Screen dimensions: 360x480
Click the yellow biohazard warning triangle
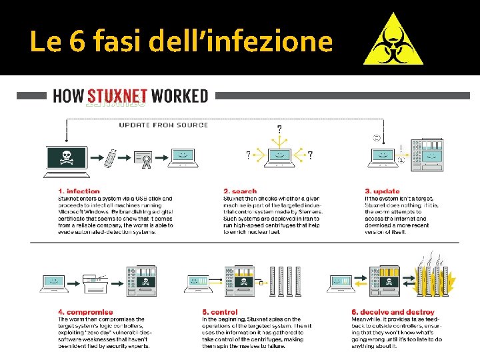[393, 41]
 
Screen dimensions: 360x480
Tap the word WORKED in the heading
[179, 96]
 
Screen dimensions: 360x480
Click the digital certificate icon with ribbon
[143, 159]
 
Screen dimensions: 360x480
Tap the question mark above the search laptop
[279, 129]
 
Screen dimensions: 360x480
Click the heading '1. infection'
[79, 191]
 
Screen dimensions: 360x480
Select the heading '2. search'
[240, 191]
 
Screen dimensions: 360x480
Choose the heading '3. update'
[382, 191]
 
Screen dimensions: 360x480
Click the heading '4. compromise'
[85, 311]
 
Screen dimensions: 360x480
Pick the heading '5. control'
[220, 311]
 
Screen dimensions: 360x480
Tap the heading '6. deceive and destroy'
[393, 311]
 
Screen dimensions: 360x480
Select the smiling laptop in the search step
[280, 156]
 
